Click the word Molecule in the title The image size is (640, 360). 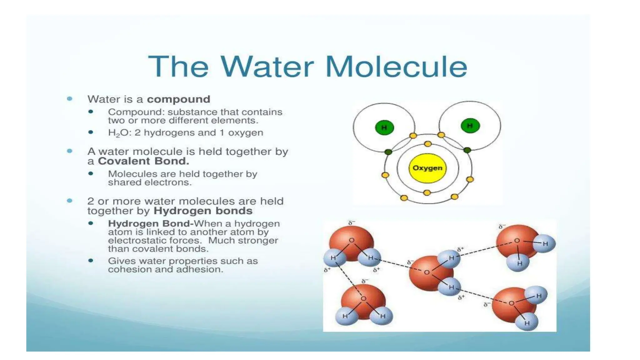coord(396,67)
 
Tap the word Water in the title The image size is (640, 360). coord(267,67)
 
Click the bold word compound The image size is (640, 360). coord(178,99)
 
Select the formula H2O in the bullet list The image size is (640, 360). coord(118,133)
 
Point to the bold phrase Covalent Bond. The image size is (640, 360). coord(143,161)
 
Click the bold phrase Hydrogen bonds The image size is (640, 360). coord(203,211)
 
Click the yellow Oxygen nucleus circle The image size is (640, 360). coord(427,168)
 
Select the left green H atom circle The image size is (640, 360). coord(384,127)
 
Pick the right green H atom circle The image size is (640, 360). coord(470,126)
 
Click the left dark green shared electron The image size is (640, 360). coord(388,152)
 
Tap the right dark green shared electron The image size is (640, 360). coord(467,150)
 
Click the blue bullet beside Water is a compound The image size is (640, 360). coord(70,99)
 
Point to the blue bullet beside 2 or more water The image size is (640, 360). coord(70,201)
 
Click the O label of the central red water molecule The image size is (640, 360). coord(427,272)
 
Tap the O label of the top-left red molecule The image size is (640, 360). coord(352,240)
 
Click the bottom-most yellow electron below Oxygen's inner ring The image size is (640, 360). coord(427,193)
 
